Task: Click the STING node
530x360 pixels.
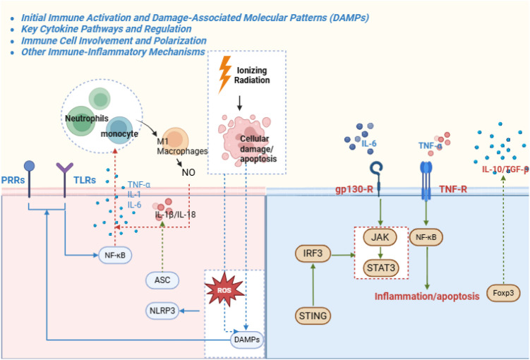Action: (313, 316)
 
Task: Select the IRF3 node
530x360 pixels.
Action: (313, 253)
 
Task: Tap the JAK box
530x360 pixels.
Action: (380, 237)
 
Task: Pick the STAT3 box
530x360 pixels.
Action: (381, 268)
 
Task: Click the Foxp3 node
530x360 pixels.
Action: (503, 293)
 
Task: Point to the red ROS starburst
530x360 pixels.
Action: (225, 289)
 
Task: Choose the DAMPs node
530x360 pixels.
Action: (247, 340)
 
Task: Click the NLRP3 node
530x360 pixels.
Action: (162, 311)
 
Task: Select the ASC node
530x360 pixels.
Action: (162, 280)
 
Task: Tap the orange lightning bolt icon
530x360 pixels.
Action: (224, 73)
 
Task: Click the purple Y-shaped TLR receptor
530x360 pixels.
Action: (64, 179)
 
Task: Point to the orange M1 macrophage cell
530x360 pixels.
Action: (174, 139)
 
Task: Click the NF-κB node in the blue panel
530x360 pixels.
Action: (426, 237)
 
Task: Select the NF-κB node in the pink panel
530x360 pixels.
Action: (115, 256)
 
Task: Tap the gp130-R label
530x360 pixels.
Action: (354, 189)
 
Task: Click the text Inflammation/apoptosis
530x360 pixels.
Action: (427, 296)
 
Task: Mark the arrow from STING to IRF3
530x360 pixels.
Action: (313, 285)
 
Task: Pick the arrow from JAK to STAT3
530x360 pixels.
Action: (380, 253)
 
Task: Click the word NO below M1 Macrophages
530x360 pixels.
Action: (188, 172)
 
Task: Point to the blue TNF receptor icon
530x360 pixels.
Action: (426, 181)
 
